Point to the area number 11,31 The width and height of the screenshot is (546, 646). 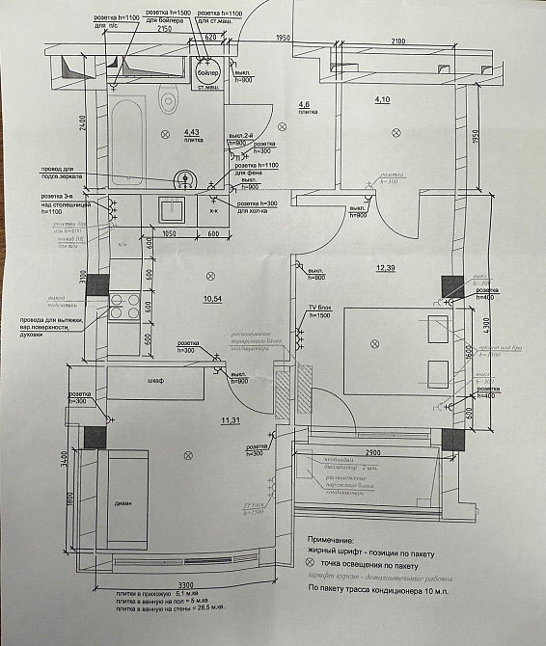pos(230,421)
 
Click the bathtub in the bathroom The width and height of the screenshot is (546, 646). pos(126,146)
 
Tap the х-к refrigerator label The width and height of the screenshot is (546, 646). pos(214,210)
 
